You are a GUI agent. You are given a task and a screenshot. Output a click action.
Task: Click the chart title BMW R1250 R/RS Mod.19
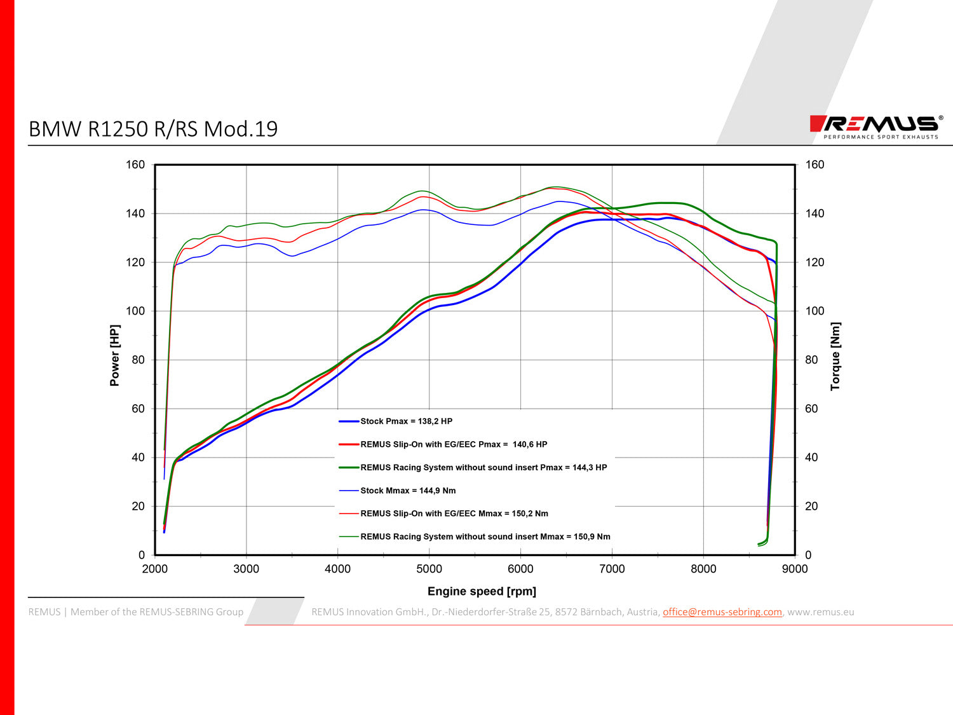(153, 129)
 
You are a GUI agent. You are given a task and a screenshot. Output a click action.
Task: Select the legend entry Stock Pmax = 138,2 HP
(406, 421)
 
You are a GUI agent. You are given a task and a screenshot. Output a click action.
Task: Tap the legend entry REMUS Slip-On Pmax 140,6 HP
(453, 445)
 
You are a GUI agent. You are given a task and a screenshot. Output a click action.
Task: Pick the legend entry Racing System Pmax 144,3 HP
(483, 468)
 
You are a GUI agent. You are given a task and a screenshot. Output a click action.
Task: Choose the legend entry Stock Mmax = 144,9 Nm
(407, 491)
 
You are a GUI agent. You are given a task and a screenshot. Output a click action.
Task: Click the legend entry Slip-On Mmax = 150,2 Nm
(454, 514)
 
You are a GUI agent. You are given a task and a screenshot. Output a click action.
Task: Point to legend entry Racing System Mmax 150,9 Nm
(485, 537)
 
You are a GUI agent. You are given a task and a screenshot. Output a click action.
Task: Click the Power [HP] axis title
(114, 356)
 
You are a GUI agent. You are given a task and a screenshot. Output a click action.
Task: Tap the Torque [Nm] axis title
(835, 356)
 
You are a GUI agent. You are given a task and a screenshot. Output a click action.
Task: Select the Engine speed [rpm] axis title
(482, 592)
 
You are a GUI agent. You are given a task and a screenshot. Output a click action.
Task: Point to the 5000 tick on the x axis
(429, 569)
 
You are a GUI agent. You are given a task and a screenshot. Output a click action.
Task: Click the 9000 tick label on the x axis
(795, 569)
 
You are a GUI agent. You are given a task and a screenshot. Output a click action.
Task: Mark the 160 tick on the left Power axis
(135, 165)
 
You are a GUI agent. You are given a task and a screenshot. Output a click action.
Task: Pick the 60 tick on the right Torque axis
(811, 409)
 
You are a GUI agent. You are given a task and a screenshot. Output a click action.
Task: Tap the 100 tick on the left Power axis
(135, 311)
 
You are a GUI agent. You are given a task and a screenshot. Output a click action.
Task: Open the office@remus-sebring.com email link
(722, 612)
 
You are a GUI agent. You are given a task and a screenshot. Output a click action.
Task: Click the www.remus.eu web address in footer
(820, 612)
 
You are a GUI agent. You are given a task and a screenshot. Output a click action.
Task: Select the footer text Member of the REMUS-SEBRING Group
(156, 612)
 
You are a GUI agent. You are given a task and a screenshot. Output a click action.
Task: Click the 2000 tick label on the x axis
(155, 569)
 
